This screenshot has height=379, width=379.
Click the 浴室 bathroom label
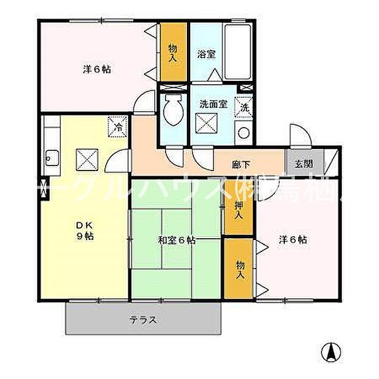206,54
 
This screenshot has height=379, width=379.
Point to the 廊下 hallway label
241,165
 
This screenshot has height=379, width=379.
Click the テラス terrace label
143,320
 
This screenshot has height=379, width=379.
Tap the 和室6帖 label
176,240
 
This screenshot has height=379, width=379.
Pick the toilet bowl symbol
171,114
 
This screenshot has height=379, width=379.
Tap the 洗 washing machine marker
244,107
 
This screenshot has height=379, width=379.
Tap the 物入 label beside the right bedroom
239,271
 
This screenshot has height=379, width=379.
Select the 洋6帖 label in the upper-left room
97,69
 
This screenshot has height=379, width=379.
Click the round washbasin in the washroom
243,133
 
